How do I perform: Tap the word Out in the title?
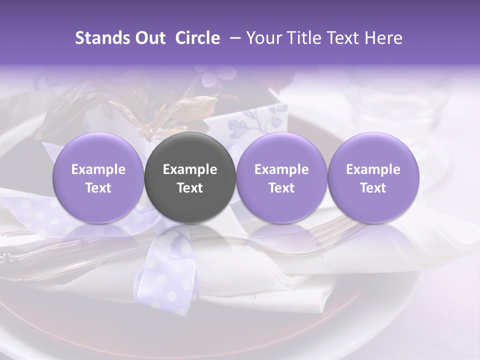tap(149, 38)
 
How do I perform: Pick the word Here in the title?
tap(383, 38)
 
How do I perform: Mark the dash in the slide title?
tap(232, 38)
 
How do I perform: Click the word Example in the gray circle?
tap(190, 169)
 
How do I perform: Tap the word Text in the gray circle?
tap(190, 188)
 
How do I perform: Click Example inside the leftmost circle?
tap(98, 169)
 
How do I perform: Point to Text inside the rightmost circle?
tap(373, 188)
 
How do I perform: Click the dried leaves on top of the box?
tap(165, 110)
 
